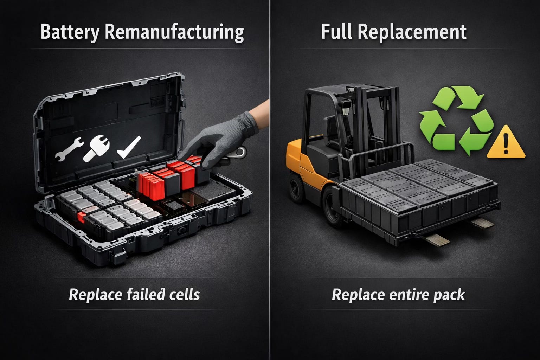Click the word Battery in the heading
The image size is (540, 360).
click(70, 32)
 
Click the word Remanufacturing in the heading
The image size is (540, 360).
click(174, 32)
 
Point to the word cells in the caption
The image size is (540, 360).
click(185, 294)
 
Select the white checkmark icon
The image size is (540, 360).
click(129, 147)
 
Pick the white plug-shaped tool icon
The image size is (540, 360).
click(96, 148)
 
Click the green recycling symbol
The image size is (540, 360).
click(456, 120)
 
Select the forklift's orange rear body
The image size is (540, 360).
click(303, 164)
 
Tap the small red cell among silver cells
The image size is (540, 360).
click(82, 217)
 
